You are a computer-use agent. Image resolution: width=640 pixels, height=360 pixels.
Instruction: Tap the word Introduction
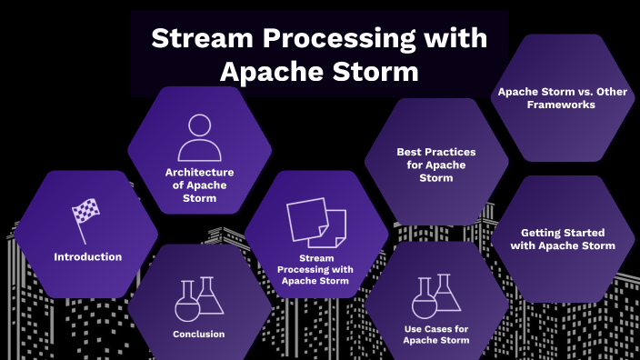(87, 257)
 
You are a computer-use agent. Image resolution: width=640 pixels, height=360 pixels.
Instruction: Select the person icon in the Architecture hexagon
(199, 138)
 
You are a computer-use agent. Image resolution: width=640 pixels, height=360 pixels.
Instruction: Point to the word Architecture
(199, 172)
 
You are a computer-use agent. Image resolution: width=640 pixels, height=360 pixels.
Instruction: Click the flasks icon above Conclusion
(197, 299)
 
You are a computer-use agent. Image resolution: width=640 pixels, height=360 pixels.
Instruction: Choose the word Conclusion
(198, 334)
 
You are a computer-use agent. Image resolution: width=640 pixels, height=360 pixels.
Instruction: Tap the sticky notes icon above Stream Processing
(316, 223)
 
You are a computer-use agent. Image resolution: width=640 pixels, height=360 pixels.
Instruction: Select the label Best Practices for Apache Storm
(435, 165)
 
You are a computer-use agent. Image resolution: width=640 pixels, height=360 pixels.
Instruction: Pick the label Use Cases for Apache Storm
(435, 334)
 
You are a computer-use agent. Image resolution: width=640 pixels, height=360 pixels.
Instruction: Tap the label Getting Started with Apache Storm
(555, 238)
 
